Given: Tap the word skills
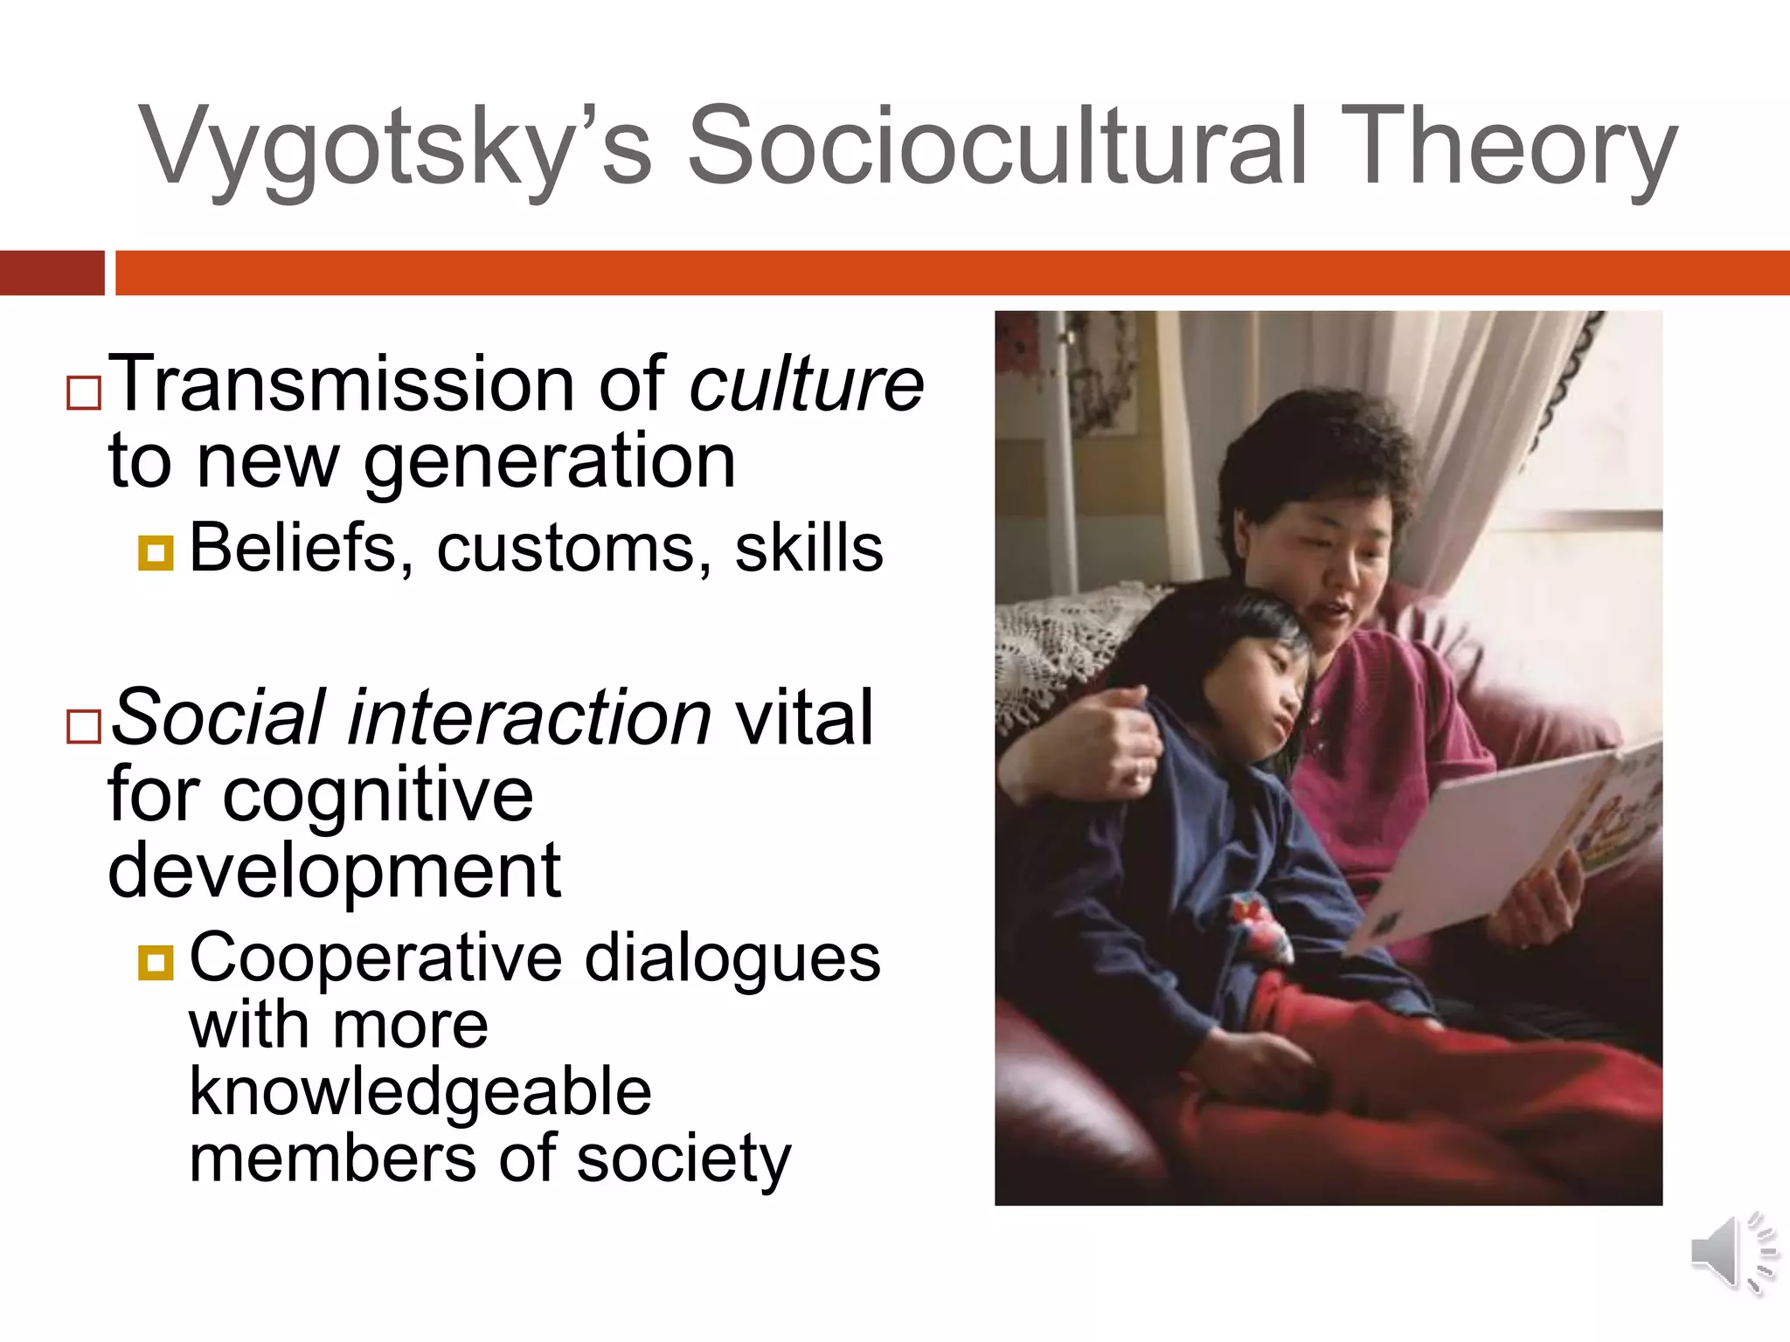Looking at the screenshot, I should point(808,549).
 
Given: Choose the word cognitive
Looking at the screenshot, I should point(378,797).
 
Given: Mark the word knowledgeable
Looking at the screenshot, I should point(420,1092).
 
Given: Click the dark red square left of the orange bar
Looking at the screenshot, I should point(52,273).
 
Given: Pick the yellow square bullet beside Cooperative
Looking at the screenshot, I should point(156,962).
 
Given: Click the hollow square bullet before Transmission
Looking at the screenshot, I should point(84,393).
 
